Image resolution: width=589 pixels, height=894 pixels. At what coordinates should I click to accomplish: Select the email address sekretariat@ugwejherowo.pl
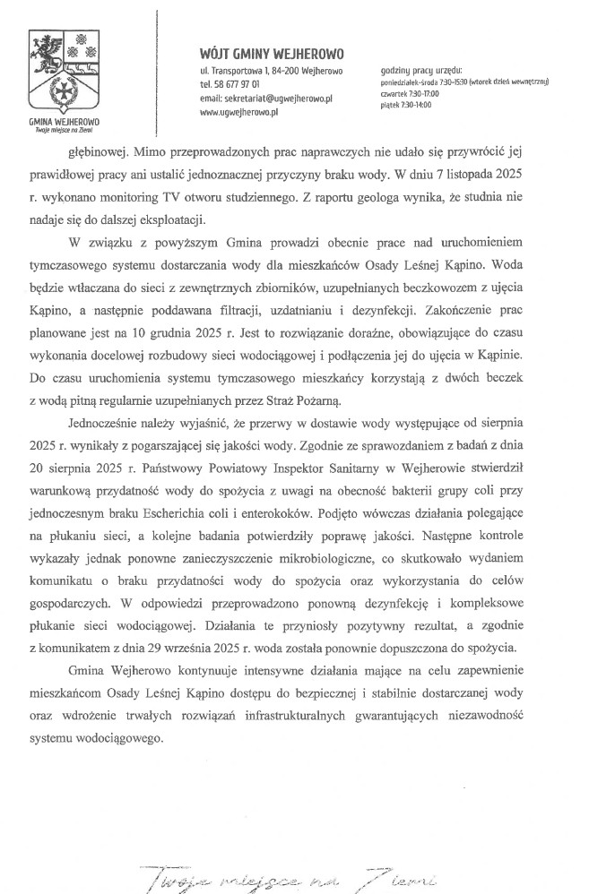[267, 99]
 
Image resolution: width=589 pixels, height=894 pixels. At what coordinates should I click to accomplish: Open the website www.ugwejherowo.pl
[240, 113]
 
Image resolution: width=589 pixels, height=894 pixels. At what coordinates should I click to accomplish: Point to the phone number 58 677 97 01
[242, 84]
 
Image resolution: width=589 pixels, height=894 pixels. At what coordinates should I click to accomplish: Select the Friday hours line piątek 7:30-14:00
[405, 104]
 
